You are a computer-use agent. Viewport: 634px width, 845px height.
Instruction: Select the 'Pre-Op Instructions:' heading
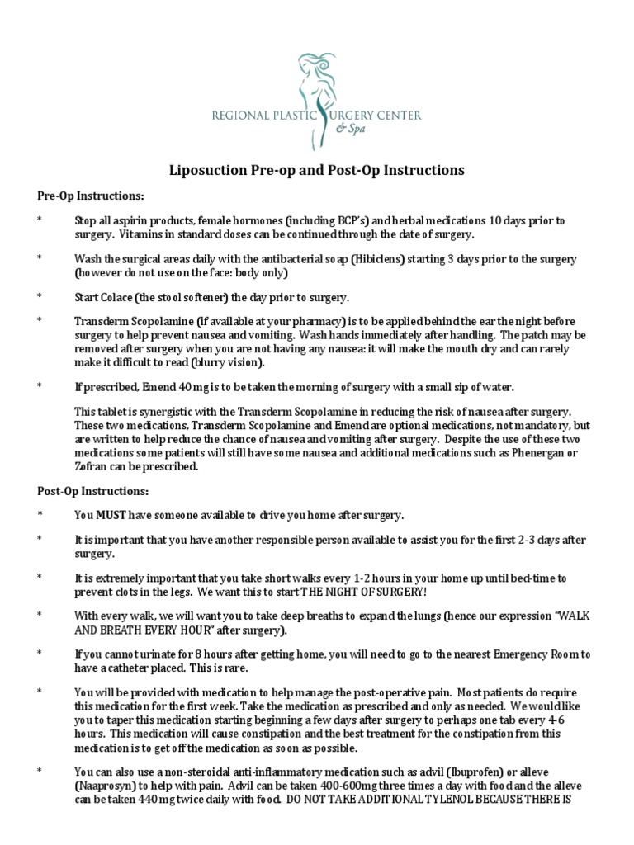[91, 196]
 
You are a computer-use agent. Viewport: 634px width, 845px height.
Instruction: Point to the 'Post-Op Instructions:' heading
[93, 491]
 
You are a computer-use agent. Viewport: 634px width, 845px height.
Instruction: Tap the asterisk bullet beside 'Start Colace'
[40, 296]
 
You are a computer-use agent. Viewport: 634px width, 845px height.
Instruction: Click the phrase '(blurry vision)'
[228, 362]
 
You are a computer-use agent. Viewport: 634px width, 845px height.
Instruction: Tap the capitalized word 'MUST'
[113, 516]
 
